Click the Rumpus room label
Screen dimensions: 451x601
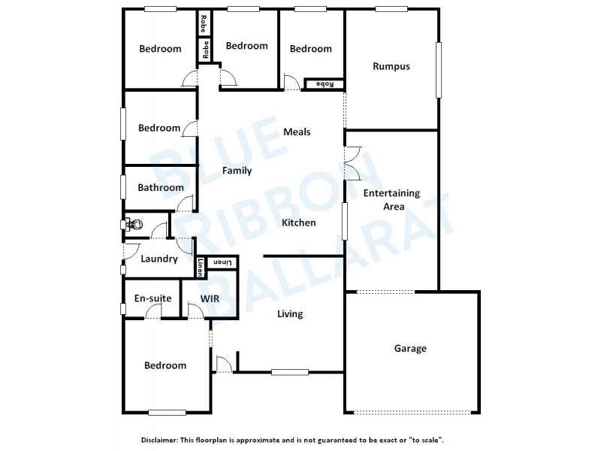tap(391, 66)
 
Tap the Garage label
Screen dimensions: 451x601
tap(410, 348)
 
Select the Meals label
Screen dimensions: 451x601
tap(297, 132)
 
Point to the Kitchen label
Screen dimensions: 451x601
tap(299, 222)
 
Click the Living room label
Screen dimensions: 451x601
tap(289, 313)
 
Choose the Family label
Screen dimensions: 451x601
tap(237, 171)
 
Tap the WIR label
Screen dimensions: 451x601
tap(210, 298)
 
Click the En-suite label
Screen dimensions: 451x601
tap(153, 298)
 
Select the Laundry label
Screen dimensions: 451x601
tap(159, 259)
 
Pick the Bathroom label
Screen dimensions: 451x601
tap(161, 188)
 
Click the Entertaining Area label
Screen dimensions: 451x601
tap(391, 199)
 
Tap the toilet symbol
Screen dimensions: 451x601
tap(131, 223)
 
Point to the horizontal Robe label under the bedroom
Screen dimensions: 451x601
tap(325, 83)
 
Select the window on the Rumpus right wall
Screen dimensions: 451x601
tap(438, 69)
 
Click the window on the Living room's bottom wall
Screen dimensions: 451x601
tap(289, 371)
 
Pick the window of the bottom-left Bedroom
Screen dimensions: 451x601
tap(167, 412)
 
